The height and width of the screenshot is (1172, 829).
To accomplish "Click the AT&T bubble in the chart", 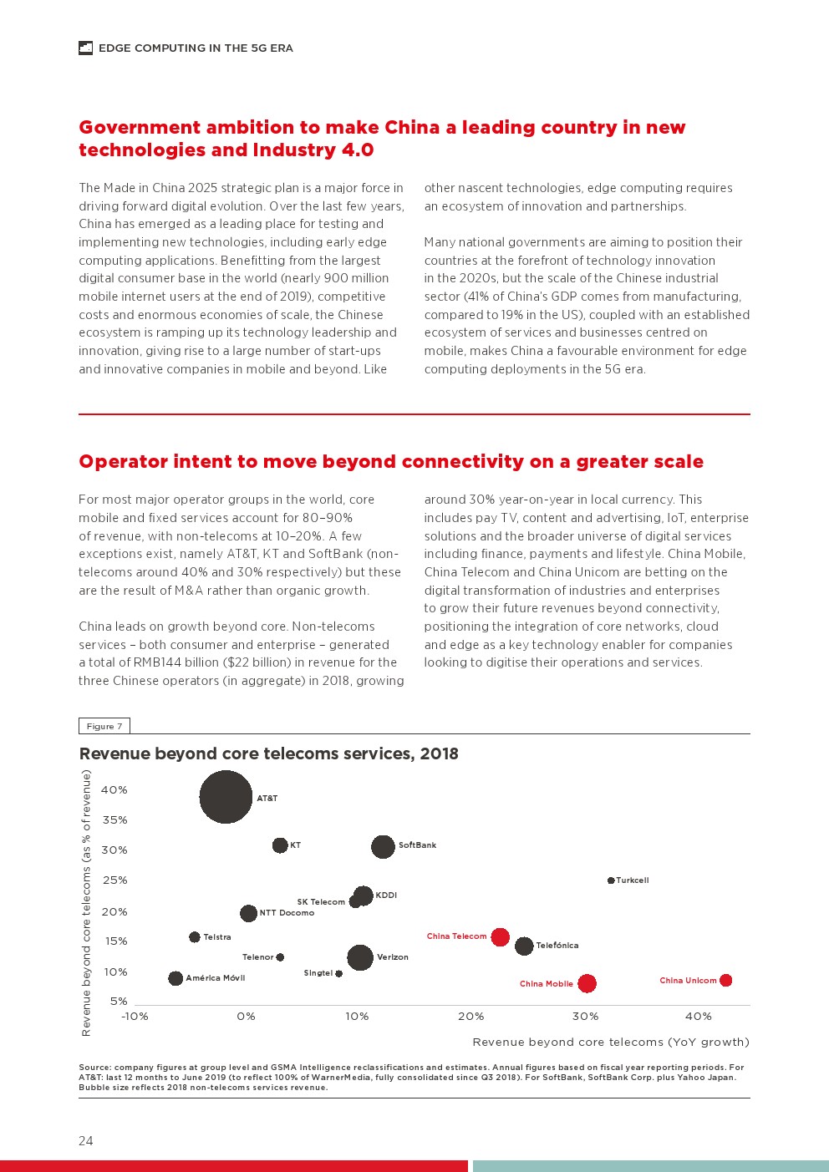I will coord(226,797).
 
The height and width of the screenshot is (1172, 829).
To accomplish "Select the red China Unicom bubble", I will coord(725,980).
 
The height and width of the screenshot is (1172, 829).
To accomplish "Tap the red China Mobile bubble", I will coord(587,983).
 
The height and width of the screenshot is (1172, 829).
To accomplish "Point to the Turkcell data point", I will coord(611,880).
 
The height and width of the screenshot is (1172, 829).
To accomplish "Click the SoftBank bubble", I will coord(383,846).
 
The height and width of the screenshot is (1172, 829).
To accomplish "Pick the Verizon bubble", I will coord(360,957).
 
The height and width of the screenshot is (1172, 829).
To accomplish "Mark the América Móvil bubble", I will coord(175,978).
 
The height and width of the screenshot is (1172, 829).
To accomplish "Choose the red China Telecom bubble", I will coord(500,936).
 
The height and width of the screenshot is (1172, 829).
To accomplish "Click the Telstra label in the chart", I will coord(217,937).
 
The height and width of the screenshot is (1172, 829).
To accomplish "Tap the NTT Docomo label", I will coord(287,913).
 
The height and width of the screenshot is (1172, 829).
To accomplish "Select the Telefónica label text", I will coord(557,946).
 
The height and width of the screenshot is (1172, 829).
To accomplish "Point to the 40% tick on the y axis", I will coord(114,789).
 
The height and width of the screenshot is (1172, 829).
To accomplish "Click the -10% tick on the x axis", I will coord(135,1017).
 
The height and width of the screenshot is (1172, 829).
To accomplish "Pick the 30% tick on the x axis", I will coord(585,1017).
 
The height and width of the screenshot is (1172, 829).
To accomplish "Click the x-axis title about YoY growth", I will coord(610,1042).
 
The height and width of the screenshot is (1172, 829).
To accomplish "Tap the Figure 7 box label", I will coord(104,726).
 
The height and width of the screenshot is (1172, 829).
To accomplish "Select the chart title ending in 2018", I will coord(268,753).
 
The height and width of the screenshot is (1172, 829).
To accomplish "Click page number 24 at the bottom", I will coord(86,1141).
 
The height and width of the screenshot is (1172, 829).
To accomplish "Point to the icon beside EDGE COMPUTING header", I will coord(85,48).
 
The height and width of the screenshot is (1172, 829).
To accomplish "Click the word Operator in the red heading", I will coord(122,462).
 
